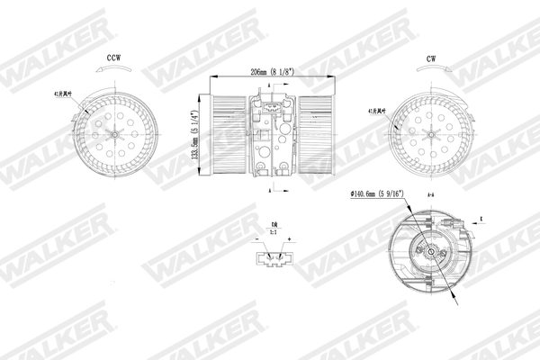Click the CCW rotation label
point(114,58)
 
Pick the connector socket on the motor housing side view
point(272,113)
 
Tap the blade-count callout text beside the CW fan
point(379,112)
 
